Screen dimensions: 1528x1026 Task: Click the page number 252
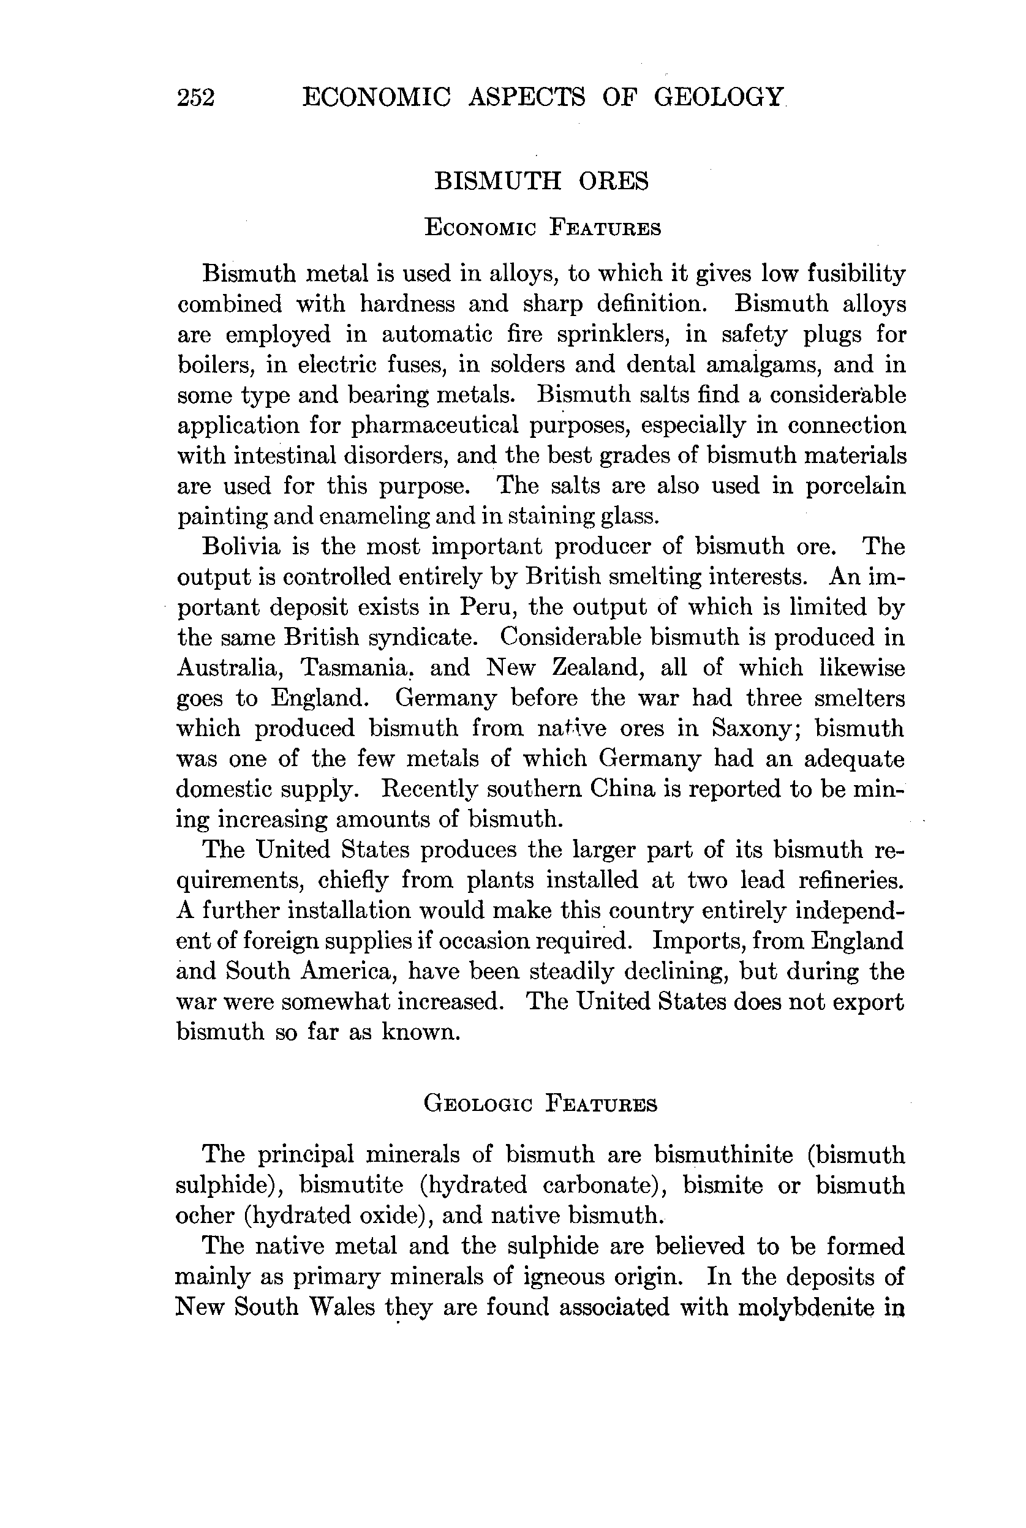195,98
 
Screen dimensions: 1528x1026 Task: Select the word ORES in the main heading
613,181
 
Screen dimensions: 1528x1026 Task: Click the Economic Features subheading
543,228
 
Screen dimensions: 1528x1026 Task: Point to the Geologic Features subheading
540,1105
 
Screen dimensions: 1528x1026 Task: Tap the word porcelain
855,486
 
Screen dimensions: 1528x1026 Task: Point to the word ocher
205,1214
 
